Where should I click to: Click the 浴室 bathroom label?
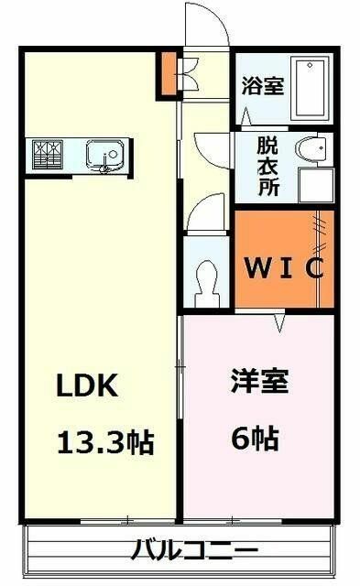(x=262, y=85)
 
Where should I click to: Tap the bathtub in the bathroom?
(x=312, y=88)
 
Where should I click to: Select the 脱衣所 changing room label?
(x=268, y=167)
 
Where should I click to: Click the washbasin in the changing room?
(x=311, y=149)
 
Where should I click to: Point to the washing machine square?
(x=316, y=185)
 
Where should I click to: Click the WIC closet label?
(x=284, y=267)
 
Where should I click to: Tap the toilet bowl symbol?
(x=206, y=283)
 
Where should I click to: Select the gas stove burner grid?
(x=48, y=155)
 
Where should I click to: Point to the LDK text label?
(x=87, y=385)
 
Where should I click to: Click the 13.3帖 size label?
(x=105, y=442)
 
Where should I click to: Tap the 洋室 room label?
(x=259, y=381)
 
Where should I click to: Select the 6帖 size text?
(x=255, y=438)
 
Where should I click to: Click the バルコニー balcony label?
(x=194, y=550)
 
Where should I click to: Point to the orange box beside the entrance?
(x=169, y=73)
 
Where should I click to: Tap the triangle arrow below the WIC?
(x=279, y=323)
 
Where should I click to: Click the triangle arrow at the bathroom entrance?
(x=245, y=116)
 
